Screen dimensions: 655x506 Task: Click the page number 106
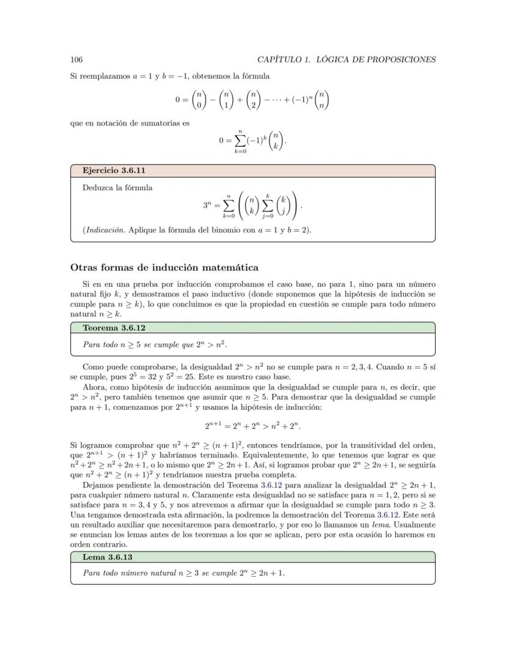click(x=76, y=59)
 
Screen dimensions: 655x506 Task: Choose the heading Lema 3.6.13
click(x=108, y=557)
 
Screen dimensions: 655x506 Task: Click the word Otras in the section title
click(x=84, y=267)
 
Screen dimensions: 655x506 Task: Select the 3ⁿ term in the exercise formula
click(x=208, y=205)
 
